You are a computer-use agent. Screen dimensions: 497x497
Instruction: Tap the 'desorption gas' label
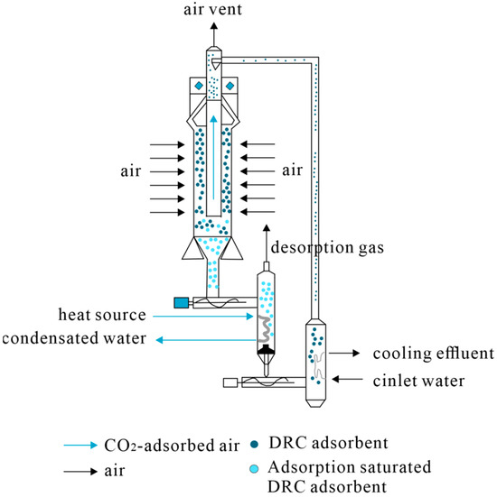tap(323, 244)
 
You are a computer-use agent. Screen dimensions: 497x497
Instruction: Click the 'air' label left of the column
tap(135, 170)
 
